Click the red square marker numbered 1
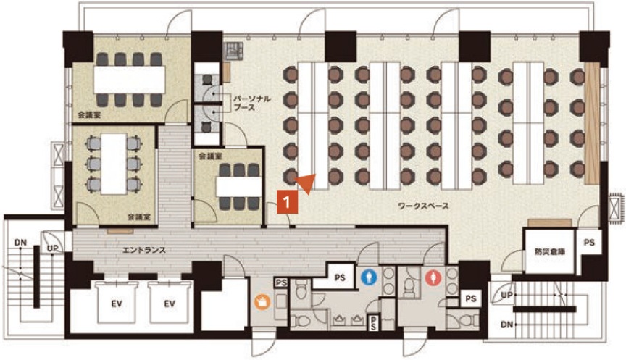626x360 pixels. (x=287, y=202)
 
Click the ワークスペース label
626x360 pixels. (x=423, y=206)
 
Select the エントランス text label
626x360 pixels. (x=144, y=250)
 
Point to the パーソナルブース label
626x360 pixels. (x=252, y=103)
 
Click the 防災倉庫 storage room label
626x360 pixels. (x=550, y=251)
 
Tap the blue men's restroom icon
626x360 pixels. (x=370, y=277)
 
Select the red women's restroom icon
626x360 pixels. (x=433, y=277)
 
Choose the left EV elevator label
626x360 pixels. (x=117, y=304)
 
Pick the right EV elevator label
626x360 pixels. (x=170, y=304)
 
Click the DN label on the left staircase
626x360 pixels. (x=21, y=242)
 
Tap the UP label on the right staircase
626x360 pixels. (x=506, y=296)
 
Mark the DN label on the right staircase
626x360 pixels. (x=506, y=325)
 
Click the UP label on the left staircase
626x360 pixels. (x=53, y=248)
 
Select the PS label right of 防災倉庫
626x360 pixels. (x=589, y=242)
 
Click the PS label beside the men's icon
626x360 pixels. (x=340, y=277)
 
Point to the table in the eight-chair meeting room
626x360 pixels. (x=130, y=80)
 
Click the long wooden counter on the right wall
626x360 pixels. (x=592, y=123)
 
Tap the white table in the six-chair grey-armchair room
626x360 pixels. (x=114, y=164)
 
